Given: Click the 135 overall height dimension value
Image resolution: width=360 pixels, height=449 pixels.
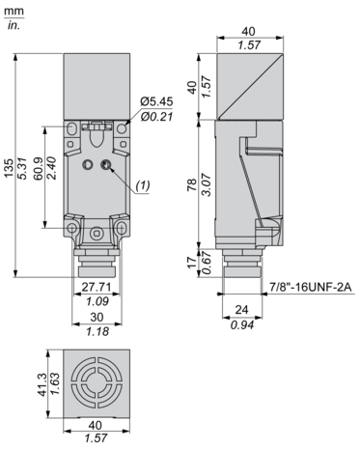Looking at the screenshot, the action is tap(9, 168).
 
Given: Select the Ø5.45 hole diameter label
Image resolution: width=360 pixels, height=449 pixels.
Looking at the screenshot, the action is tap(156, 101).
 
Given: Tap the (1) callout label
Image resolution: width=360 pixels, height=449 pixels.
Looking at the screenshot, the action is tap(143, 185).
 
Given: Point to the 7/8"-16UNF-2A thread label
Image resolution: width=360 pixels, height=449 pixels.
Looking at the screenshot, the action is tap(311, 286).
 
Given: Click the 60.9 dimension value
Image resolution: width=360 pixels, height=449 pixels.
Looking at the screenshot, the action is tap(39, 168).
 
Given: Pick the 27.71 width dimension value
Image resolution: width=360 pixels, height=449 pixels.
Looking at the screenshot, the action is tap(97, 287).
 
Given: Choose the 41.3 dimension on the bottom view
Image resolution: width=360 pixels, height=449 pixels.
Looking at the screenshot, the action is tap(42, 384).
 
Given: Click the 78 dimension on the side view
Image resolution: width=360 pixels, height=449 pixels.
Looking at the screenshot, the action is tap(192, 185).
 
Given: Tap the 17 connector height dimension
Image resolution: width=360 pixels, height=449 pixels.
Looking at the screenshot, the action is tap(192, 263).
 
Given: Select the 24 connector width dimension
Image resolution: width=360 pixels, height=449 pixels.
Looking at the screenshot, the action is tap(241, 310).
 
